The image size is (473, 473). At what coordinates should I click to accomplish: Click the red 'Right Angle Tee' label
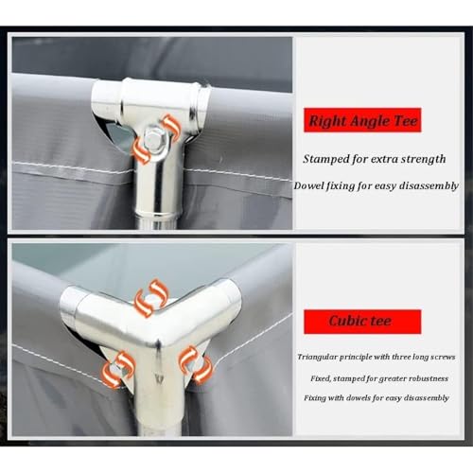[x=362, y=120]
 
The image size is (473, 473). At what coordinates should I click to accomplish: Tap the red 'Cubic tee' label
[x=362, y=322]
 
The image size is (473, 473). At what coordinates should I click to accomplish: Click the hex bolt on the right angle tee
[x=154, y=138]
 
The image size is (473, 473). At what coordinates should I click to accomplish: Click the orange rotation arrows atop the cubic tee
[x=151, y=297]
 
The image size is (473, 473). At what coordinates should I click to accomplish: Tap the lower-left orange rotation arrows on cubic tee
[x=118, y=369]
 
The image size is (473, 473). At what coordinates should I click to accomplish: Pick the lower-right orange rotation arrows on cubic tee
[x=195, y=363]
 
